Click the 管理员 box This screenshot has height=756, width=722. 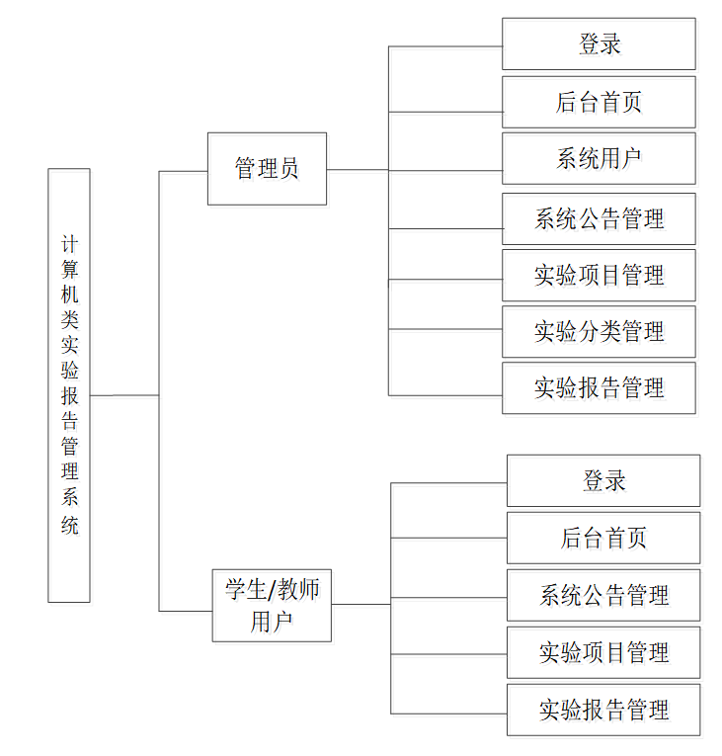click(267, 169)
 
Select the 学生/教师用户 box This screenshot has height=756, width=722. click(272, 605)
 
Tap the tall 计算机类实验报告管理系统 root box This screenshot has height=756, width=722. click(69, 384)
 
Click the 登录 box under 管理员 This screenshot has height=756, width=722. click(599, 44)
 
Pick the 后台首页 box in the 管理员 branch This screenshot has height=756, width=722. click(599, 102)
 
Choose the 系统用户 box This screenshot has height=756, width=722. click(599, 158)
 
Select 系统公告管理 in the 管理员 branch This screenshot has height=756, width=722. click(599, 219)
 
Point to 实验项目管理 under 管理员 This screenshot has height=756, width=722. click(599, 276)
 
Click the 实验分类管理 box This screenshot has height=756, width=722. click(599, 332)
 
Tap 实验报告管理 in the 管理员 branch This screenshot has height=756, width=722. click(599, 388)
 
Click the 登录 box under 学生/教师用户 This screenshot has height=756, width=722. click(603, 481)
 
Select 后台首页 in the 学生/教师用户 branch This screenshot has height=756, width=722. click(603, 539)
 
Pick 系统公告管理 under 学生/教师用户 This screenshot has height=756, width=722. click(603, 595)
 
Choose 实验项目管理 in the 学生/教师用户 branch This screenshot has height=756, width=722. click(603, 652)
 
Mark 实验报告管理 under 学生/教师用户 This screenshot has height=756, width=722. click(603, 710)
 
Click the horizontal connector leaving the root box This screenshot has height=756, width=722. click(123, 395)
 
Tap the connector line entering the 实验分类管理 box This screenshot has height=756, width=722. click(444, 329)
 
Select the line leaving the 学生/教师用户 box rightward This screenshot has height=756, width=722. click(361, 604)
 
